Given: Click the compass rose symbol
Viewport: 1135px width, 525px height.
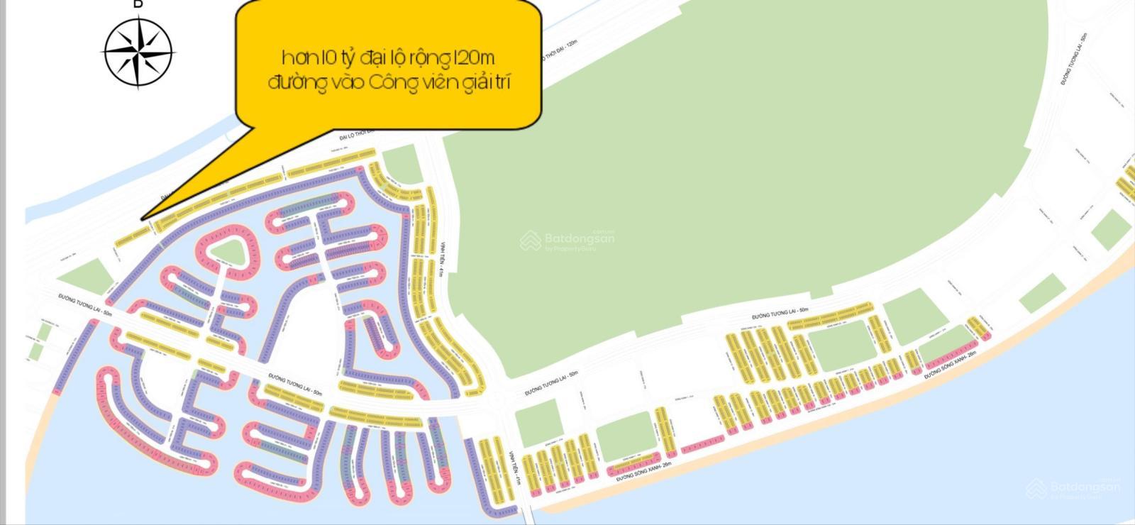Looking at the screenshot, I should pos(138,51).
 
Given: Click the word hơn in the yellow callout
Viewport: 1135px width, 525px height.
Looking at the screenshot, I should pos(297,57).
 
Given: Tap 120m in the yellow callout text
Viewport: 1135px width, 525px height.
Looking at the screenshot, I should pos(482,57).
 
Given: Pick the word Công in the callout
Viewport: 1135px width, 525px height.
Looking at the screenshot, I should pos(393,83).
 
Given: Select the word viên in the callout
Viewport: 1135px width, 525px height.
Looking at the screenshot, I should pos(443,82).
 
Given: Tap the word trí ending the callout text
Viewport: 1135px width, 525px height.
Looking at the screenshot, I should pos(501,82).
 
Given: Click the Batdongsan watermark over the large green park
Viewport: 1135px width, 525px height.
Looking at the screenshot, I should pos(567,241).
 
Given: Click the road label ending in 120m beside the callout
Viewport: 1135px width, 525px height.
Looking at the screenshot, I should pos(557,55).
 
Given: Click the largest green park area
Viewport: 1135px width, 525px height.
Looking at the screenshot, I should pos(709,177).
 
